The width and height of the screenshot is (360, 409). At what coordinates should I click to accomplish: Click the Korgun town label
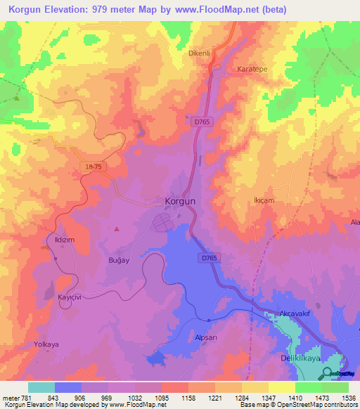[179, 200]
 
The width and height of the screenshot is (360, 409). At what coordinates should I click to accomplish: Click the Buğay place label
[117, 261]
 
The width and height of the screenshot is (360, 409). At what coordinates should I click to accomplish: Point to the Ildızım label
[65, 240]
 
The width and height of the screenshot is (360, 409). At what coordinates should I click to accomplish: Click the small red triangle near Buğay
[117, 228]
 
